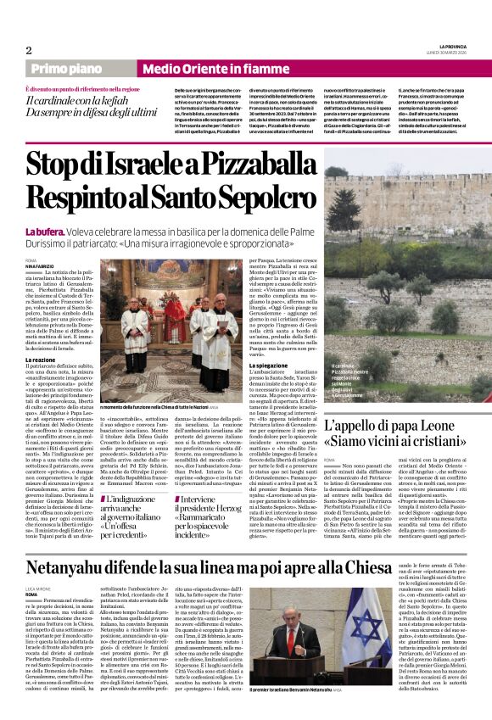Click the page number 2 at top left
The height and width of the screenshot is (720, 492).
pos(29,50)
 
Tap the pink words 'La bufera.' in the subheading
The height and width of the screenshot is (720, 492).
pos(42,231)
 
